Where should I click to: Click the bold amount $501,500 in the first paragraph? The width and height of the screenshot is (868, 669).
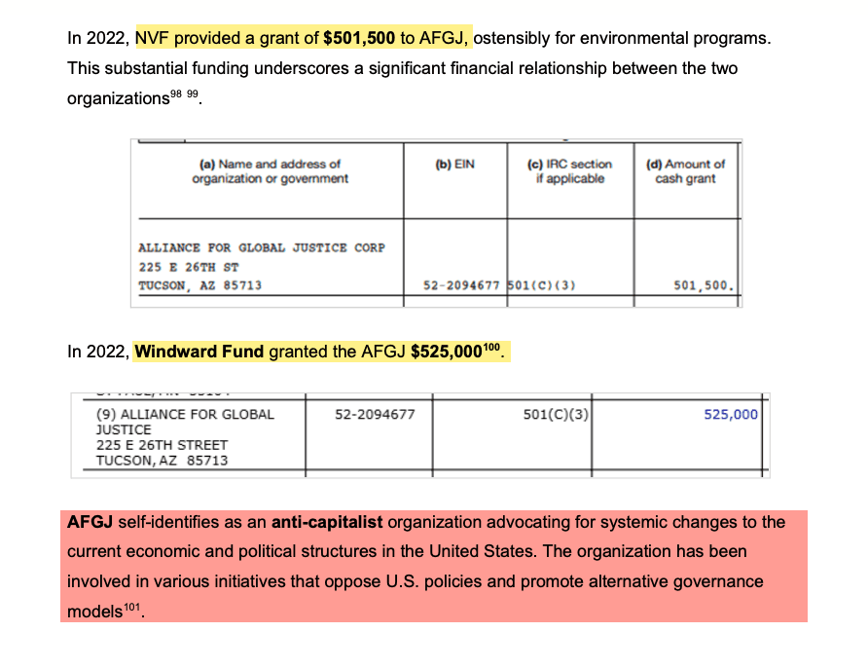click(x=359, y=39)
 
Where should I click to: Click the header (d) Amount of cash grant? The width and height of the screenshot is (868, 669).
click(x=685, y=171)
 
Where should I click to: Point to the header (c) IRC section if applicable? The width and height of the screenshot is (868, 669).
click(x=570, y=171)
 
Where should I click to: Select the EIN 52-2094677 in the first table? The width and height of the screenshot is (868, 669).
click(x=461, y=286)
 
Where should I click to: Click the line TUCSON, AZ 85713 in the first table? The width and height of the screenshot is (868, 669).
click(x=199, y=286)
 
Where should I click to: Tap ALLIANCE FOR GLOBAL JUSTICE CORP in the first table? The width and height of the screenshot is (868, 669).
click(x=262, y=247)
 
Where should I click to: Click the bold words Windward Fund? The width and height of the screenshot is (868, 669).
click(x=199, y=352)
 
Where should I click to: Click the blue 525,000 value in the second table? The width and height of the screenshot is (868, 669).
click(x=730, y=414)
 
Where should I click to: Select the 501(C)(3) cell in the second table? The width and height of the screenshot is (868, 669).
click(x=557, y=414)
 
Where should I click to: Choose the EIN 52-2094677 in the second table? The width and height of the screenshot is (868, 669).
click(x=375, y=414)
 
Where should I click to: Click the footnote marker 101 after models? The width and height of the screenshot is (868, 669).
click(x=132, y=610)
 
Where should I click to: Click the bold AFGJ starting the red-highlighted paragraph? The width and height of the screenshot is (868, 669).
click(x=87, y=522)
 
